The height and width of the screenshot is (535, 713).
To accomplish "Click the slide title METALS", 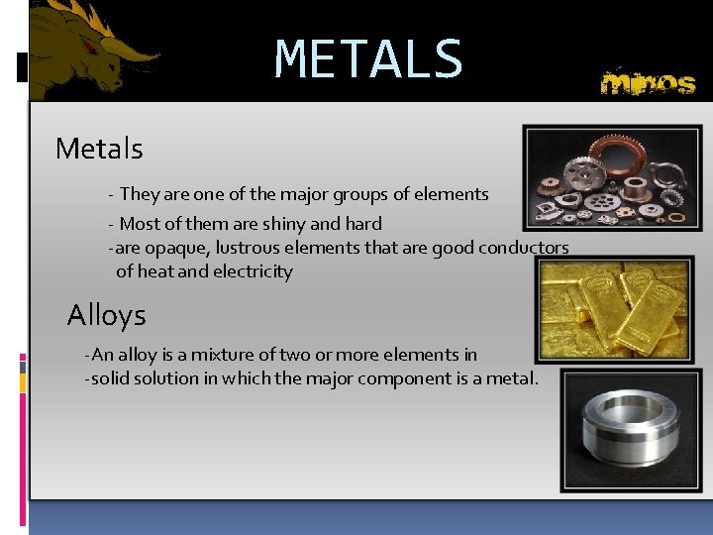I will point(368,59).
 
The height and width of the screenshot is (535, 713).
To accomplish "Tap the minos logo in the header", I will point(648,82).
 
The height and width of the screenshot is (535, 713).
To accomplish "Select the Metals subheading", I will point(99,149).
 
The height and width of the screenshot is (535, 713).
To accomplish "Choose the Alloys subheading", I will point(106,316).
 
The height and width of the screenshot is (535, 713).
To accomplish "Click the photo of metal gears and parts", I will point(611,177).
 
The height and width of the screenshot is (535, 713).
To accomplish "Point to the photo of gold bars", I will point(614,309).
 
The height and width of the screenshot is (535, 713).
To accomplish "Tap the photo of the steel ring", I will point(630,430).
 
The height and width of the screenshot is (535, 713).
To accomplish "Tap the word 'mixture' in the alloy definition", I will point(215,355).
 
